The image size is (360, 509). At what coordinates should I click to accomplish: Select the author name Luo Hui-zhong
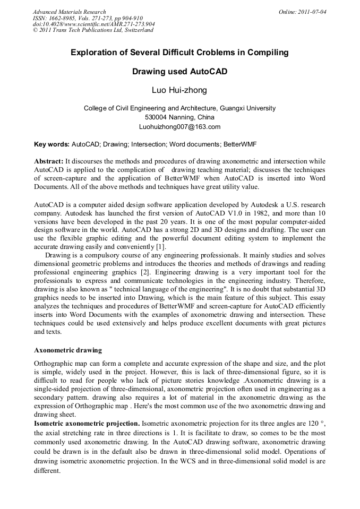[x=179, y=90]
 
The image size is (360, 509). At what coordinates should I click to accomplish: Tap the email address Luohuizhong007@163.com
[x=179, y=127]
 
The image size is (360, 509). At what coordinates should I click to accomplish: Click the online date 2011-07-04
[x=311, y=12]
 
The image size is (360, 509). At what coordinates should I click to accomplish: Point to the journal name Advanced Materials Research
[x=69, y=12]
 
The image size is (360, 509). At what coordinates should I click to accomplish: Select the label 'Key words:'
[x=52, y=144]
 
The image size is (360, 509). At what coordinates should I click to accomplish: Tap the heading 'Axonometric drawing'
[x=67, y=350]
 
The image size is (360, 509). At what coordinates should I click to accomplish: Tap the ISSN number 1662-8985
[x=62, y=18]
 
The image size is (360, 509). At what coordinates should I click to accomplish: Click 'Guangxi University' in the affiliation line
[x=247, y=108]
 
